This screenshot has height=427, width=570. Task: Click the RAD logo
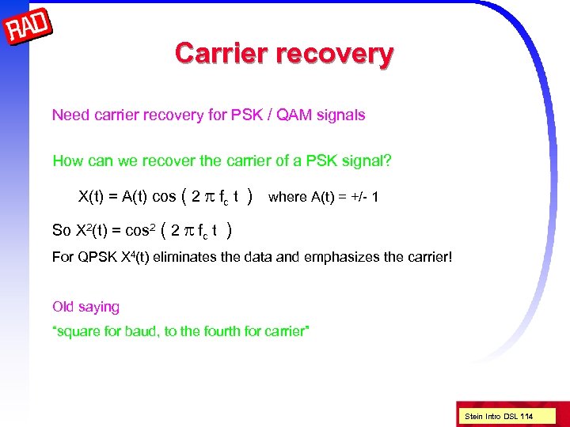click(x=28, y=30)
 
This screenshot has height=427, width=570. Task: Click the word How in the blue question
click(x=67, y=161)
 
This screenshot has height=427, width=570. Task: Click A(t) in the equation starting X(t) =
click(x=136, y=196)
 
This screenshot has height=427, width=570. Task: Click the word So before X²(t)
click(x=61, y=231)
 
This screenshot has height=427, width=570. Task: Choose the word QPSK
click(x=94, y=257)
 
